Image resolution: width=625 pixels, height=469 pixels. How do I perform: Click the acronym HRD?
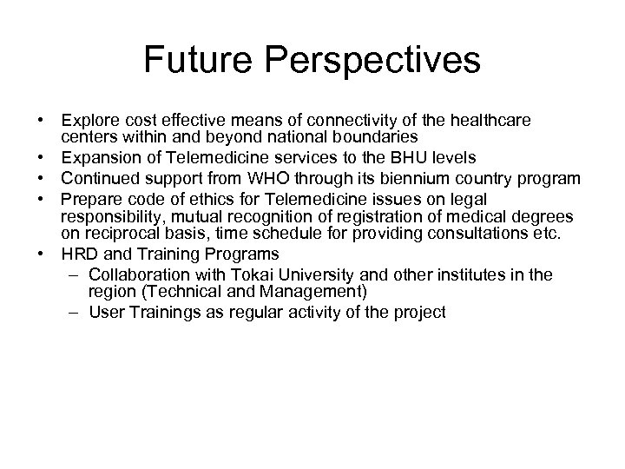tap(77, 254)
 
